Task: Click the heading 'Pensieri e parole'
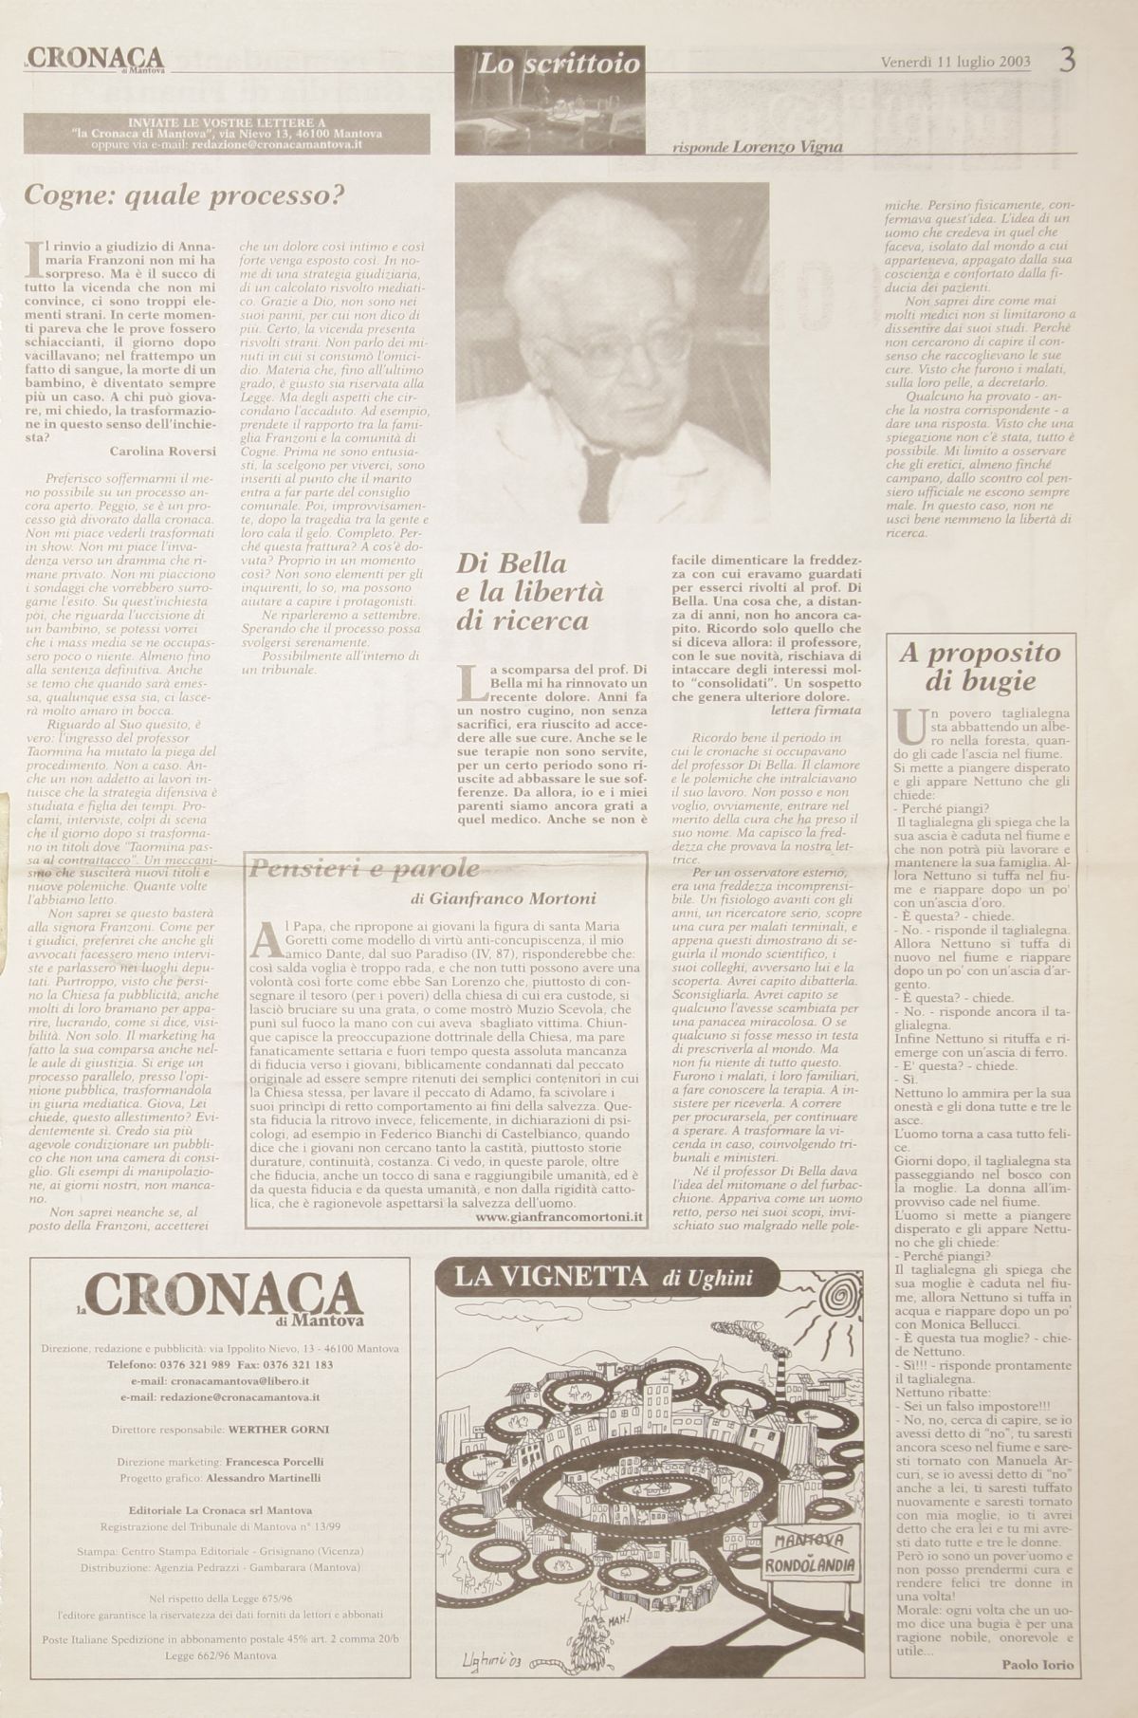click(363, 868)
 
